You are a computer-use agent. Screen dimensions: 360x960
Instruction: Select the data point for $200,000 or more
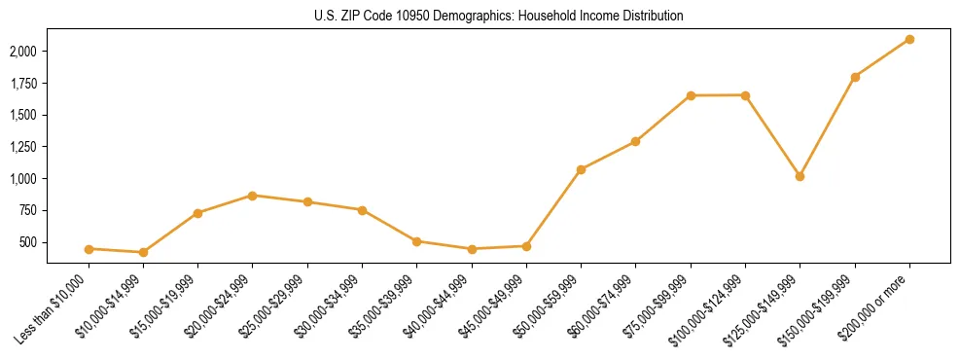(x=909, y=39)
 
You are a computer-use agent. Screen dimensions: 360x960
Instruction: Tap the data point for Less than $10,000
(x=89, y=249)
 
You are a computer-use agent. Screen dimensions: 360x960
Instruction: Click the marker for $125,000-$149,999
(x=800, y=176)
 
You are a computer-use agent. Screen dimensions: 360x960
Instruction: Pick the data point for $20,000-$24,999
(x=252, y=196)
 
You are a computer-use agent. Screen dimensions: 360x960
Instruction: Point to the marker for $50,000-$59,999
(x=581, y=169)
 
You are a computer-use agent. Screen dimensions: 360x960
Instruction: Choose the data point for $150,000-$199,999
(x=855, y=77)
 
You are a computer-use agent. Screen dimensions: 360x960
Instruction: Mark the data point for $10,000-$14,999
(x=143, y=253)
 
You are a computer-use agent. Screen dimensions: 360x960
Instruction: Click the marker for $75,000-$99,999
(x=691, y=95)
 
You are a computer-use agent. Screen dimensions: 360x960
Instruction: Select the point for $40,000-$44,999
(x=472, y=249)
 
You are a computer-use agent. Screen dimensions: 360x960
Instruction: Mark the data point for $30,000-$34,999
(x=362, y=210)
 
